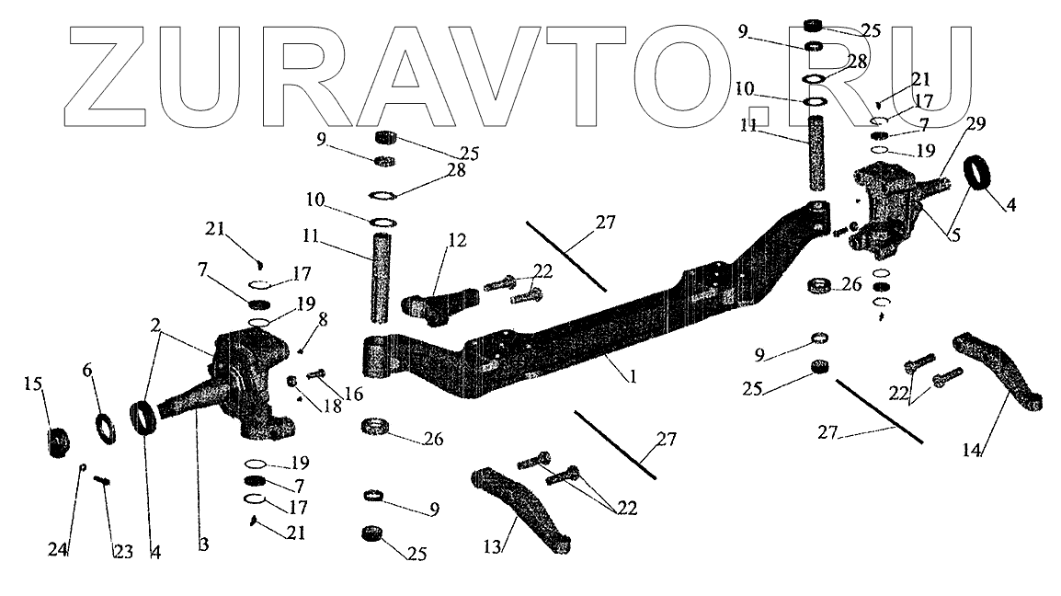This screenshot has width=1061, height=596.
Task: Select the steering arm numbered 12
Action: [x=440, y=303]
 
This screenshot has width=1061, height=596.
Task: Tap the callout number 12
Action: [x=456, y=242]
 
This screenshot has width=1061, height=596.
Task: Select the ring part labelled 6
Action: [x=106, y=428]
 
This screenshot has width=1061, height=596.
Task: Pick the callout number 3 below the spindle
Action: [x=203, y=545]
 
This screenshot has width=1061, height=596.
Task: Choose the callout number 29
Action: [x=950, y=124]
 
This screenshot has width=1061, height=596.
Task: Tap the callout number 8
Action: [x=322, y=320]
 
